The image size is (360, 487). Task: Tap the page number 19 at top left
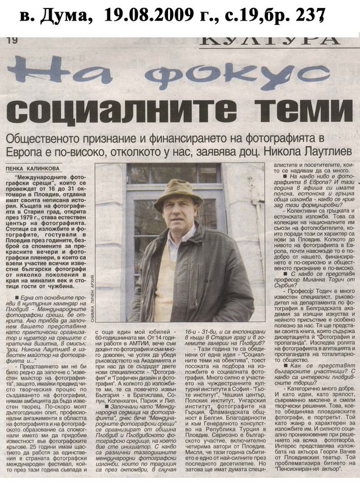[12, 41]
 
